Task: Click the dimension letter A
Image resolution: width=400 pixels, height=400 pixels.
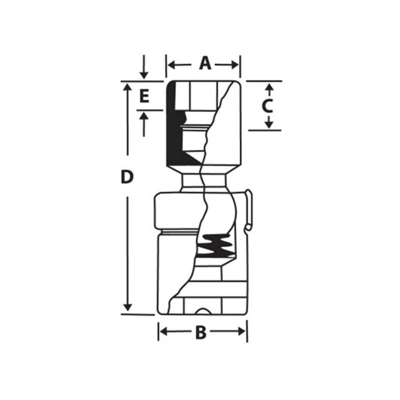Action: [x=204, y=63]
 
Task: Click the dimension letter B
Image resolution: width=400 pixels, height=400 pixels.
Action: [x=200, y=332]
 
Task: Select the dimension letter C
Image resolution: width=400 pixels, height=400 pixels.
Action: [x=268, y=106]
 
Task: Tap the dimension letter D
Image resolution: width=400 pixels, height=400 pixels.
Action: [x=128, y=176]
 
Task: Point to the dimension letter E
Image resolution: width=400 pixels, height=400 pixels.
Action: [x=144, y=96]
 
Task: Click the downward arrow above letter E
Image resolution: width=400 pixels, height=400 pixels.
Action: [x=144, y=74]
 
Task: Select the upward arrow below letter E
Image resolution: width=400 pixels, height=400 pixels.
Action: [x=144, y=116]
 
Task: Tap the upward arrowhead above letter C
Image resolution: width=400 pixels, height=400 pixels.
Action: [x=268, y=88]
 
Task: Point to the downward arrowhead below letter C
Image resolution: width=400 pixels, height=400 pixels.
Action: [x=268, y=123]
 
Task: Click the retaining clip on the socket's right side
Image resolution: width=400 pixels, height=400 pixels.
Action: [x=248, y=210]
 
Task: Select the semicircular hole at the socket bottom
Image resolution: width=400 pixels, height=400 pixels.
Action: [x=203, y=311]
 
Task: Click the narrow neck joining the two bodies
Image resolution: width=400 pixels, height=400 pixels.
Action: [x=205, y=181]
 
